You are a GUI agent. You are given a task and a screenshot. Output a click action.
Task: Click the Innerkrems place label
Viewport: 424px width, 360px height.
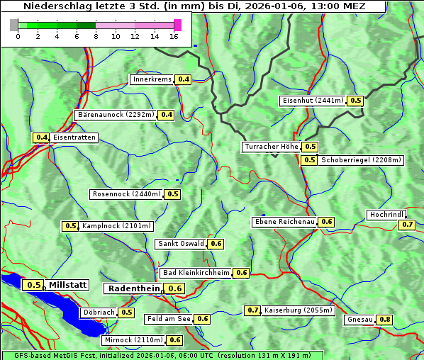coord(152,79)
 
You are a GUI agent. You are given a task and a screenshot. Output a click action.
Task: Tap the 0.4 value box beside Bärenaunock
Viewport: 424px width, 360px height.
coord(167,114)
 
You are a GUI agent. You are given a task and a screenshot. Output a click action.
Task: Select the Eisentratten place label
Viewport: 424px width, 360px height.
coord(74,137)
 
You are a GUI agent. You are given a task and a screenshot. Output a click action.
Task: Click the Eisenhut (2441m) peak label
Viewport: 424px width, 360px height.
coord(313,101)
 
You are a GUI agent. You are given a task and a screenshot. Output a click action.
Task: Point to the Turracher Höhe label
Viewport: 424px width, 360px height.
coord(271,147)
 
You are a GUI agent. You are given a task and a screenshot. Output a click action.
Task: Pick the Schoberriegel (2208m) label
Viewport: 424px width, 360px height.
coord(361,160)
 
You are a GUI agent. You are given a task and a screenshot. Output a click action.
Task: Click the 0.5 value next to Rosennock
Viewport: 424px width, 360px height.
coord(173,193)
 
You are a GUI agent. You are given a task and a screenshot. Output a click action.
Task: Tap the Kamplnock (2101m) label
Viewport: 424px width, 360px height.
coord(116,226)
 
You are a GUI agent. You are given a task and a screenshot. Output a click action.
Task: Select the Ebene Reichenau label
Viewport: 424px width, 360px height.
coord(284,222)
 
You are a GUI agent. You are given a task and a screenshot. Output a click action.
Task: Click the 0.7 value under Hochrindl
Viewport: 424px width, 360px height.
coord(407,225)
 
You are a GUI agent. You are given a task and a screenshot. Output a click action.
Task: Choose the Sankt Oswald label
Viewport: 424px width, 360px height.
coord(181,244)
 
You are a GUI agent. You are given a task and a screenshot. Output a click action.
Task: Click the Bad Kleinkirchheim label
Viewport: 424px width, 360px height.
coord(196,273)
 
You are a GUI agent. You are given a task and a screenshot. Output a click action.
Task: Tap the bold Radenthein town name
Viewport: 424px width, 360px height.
coord(134,288)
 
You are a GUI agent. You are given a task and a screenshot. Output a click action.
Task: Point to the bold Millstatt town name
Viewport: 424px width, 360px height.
coord(68,285)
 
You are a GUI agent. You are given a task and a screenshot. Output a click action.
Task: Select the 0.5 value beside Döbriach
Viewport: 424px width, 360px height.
coord(126,312)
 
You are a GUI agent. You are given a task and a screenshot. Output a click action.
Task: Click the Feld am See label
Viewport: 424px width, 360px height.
coord(169,319)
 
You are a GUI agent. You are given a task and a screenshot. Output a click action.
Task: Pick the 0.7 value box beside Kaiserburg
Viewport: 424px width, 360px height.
coord(252,310)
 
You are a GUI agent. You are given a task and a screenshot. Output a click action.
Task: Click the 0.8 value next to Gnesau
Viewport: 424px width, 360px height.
coord(384,320)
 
